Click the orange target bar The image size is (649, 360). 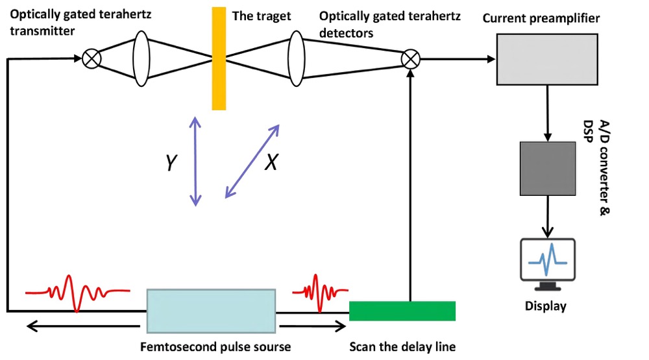point(219,58)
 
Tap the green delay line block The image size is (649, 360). point(402,311)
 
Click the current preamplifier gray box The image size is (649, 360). point(547,59)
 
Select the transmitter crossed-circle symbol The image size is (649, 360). point(92,59)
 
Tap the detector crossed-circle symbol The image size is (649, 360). point(410,60)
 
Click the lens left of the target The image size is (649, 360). point(141,59)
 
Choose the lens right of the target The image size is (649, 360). point(297,59)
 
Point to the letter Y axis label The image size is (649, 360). point(170,163)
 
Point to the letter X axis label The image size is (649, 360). point(271,163)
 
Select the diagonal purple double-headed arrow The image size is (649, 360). point(252,161)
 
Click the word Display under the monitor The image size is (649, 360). point(545,306)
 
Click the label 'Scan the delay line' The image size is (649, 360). point(402,346)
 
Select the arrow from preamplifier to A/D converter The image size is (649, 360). point(548,113)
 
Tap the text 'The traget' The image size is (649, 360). point(262,16)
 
